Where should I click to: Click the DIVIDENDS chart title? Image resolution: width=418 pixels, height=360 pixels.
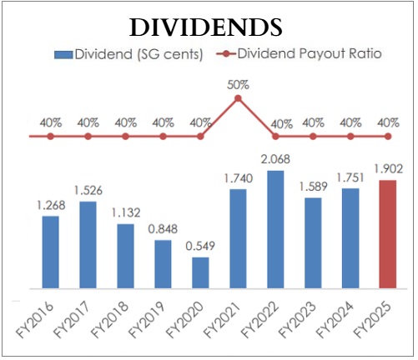tap(204, 27)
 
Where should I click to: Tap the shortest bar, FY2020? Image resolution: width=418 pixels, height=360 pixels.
tap(200, 272)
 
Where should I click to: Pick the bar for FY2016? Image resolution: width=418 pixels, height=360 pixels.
tap(51, 252)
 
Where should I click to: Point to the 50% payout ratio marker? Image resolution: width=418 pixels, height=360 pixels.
tap(238, 98)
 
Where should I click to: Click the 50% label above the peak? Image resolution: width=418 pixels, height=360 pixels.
tap(238, 83)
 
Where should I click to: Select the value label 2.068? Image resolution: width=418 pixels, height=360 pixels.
tap(275, 160)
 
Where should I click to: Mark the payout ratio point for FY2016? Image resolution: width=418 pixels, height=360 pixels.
tap(51, 136)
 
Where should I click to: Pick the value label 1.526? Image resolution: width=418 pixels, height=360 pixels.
tap(88, 189)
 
